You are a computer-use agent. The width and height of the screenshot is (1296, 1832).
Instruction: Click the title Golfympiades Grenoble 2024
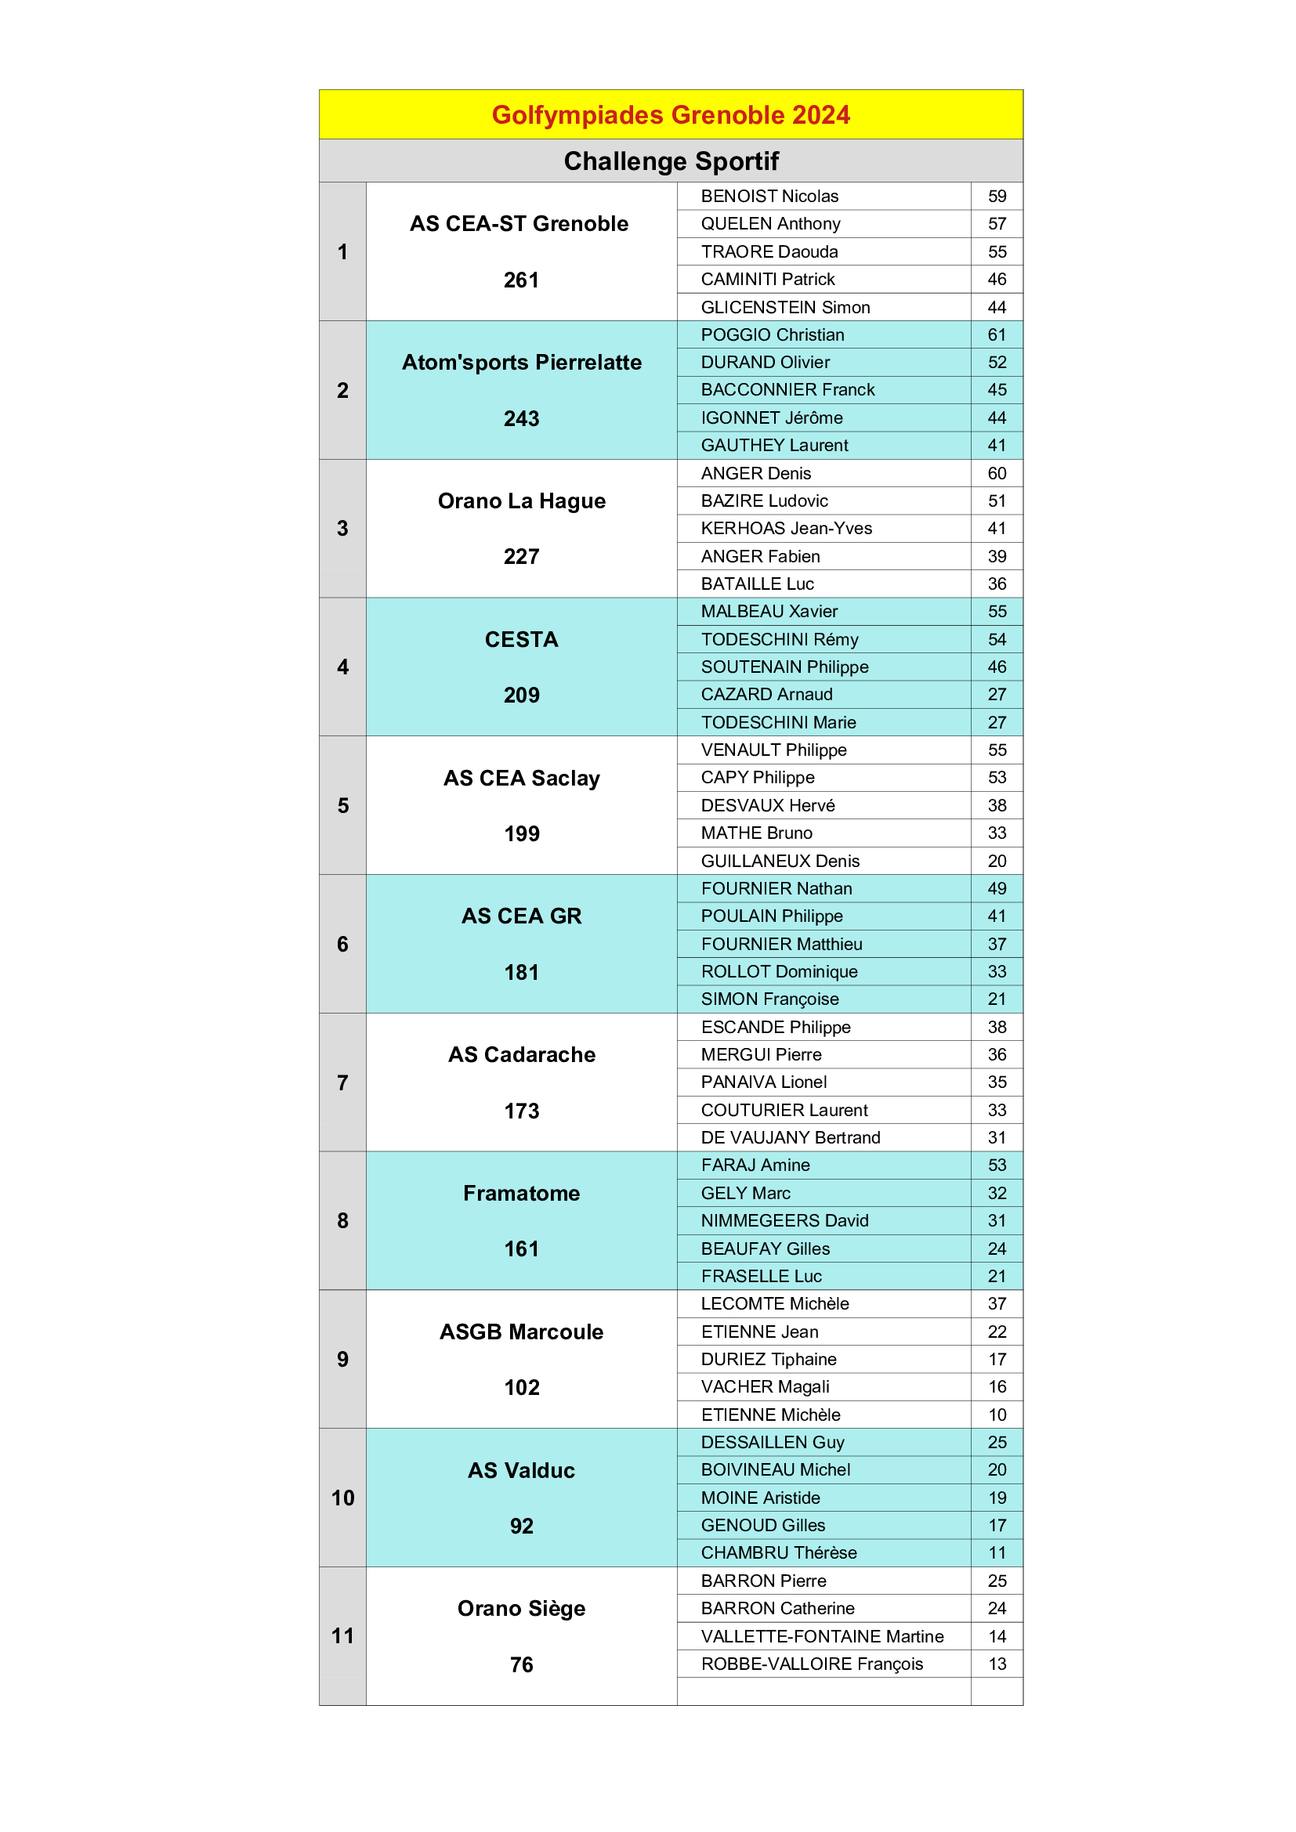pyautogui.click(x=671, y=115)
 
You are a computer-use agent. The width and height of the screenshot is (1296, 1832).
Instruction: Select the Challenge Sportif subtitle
pyautogui.click(x=671, y=161)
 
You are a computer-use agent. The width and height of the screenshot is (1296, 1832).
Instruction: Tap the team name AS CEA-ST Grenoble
pyautogui.click(x=519, y=223)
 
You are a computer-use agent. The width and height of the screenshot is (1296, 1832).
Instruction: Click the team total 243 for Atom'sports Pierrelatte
pyautogui.click(x=521, y=418)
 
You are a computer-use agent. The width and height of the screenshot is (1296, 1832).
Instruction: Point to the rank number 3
pyautogui.click(x=342, y=528)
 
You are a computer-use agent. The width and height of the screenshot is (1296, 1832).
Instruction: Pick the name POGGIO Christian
pyautogui.click(x=772, y=335)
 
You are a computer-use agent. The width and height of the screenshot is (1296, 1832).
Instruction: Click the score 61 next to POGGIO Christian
pyautogui.click(x=997, y=335)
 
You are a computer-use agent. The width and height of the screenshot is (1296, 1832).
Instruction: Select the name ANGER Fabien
pyautogui.click(x=760, y=556)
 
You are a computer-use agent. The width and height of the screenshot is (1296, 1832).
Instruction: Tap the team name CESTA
pyautogui.click(x=521, y=639)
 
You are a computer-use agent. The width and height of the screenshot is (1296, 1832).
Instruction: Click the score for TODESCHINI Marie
pyautogui.click(x=997, y=722)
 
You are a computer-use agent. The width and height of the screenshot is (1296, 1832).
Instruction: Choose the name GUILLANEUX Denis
pyautogui.click(x=780, y=861)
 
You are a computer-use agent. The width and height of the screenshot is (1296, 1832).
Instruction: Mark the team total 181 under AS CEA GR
pyautogui.click(x=521, y=972)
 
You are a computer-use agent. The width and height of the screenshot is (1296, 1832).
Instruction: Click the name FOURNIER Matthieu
pyautogui.click(x=781, y=944)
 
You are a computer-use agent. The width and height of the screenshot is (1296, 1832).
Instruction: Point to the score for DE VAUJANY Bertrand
pyautogui.click(x=997, y=1137)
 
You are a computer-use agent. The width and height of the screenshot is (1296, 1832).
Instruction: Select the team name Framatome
pyautogui.click(x=521, y=1193)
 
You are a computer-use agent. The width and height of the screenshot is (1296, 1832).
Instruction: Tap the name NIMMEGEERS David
pyautogui.click(x=784, y=1221)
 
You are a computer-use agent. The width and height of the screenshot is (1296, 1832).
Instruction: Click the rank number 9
pyautogui.click(x=342, y=1359)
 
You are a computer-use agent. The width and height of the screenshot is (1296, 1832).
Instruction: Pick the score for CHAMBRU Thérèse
pyautogui.click(x=997, y=1552)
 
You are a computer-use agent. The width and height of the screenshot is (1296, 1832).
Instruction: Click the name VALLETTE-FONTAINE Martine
pyautogui.click(x=822, y=1636)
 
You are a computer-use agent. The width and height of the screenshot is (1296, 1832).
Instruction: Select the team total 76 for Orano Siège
pyautogui.click(x=521, y=1664)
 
